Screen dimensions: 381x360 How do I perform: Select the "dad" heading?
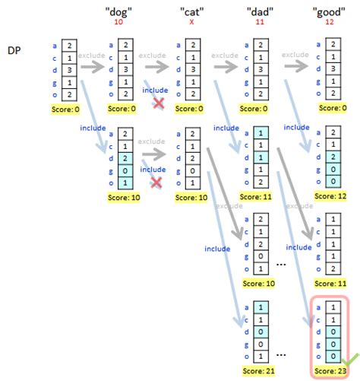point(260,13)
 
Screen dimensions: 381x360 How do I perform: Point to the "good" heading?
point(330,13)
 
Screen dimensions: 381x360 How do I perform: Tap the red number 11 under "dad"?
point(260,24)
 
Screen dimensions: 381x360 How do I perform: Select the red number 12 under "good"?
point(329,24)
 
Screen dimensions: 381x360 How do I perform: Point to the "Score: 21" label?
point(260,371)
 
